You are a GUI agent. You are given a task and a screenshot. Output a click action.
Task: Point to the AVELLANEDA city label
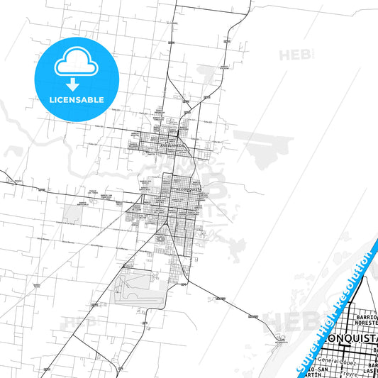point(172,145)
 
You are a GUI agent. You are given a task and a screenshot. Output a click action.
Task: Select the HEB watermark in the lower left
point(78,323)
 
